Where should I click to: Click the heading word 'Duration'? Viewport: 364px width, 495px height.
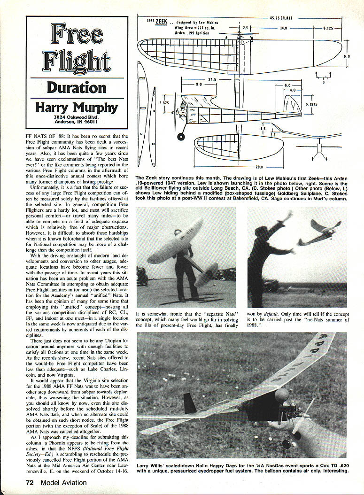tap(76, 87)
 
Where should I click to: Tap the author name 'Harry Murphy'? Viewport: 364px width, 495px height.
tap(77, 107)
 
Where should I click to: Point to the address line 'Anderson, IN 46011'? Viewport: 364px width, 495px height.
tap(77, 124)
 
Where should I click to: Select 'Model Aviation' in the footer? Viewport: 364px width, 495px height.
tap(63, 482)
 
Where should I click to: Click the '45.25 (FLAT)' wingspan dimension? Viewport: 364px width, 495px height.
tap(281, 18)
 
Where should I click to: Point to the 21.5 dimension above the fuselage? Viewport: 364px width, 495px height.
tap(212, 79)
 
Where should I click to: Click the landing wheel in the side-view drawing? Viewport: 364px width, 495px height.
tap(181, 137)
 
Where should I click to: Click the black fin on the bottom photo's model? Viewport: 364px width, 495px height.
tap(190, 403)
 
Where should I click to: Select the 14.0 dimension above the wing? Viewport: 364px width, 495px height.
tap(283, 28)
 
